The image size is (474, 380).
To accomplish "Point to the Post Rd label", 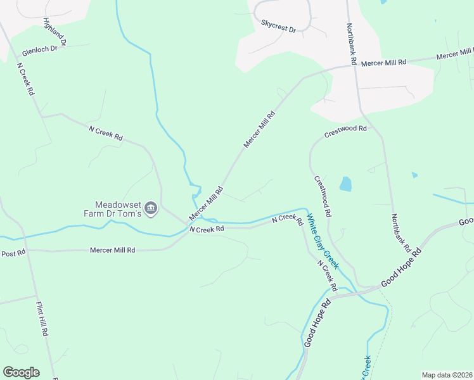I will (13, 253).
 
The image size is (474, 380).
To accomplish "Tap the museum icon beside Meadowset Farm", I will (151, 208).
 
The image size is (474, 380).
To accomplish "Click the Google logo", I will (21, 372).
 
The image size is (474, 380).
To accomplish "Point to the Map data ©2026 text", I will (446, 375).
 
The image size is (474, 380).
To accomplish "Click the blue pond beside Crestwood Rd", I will (345, 184).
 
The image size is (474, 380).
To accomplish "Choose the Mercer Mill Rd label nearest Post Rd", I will (113, 250).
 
